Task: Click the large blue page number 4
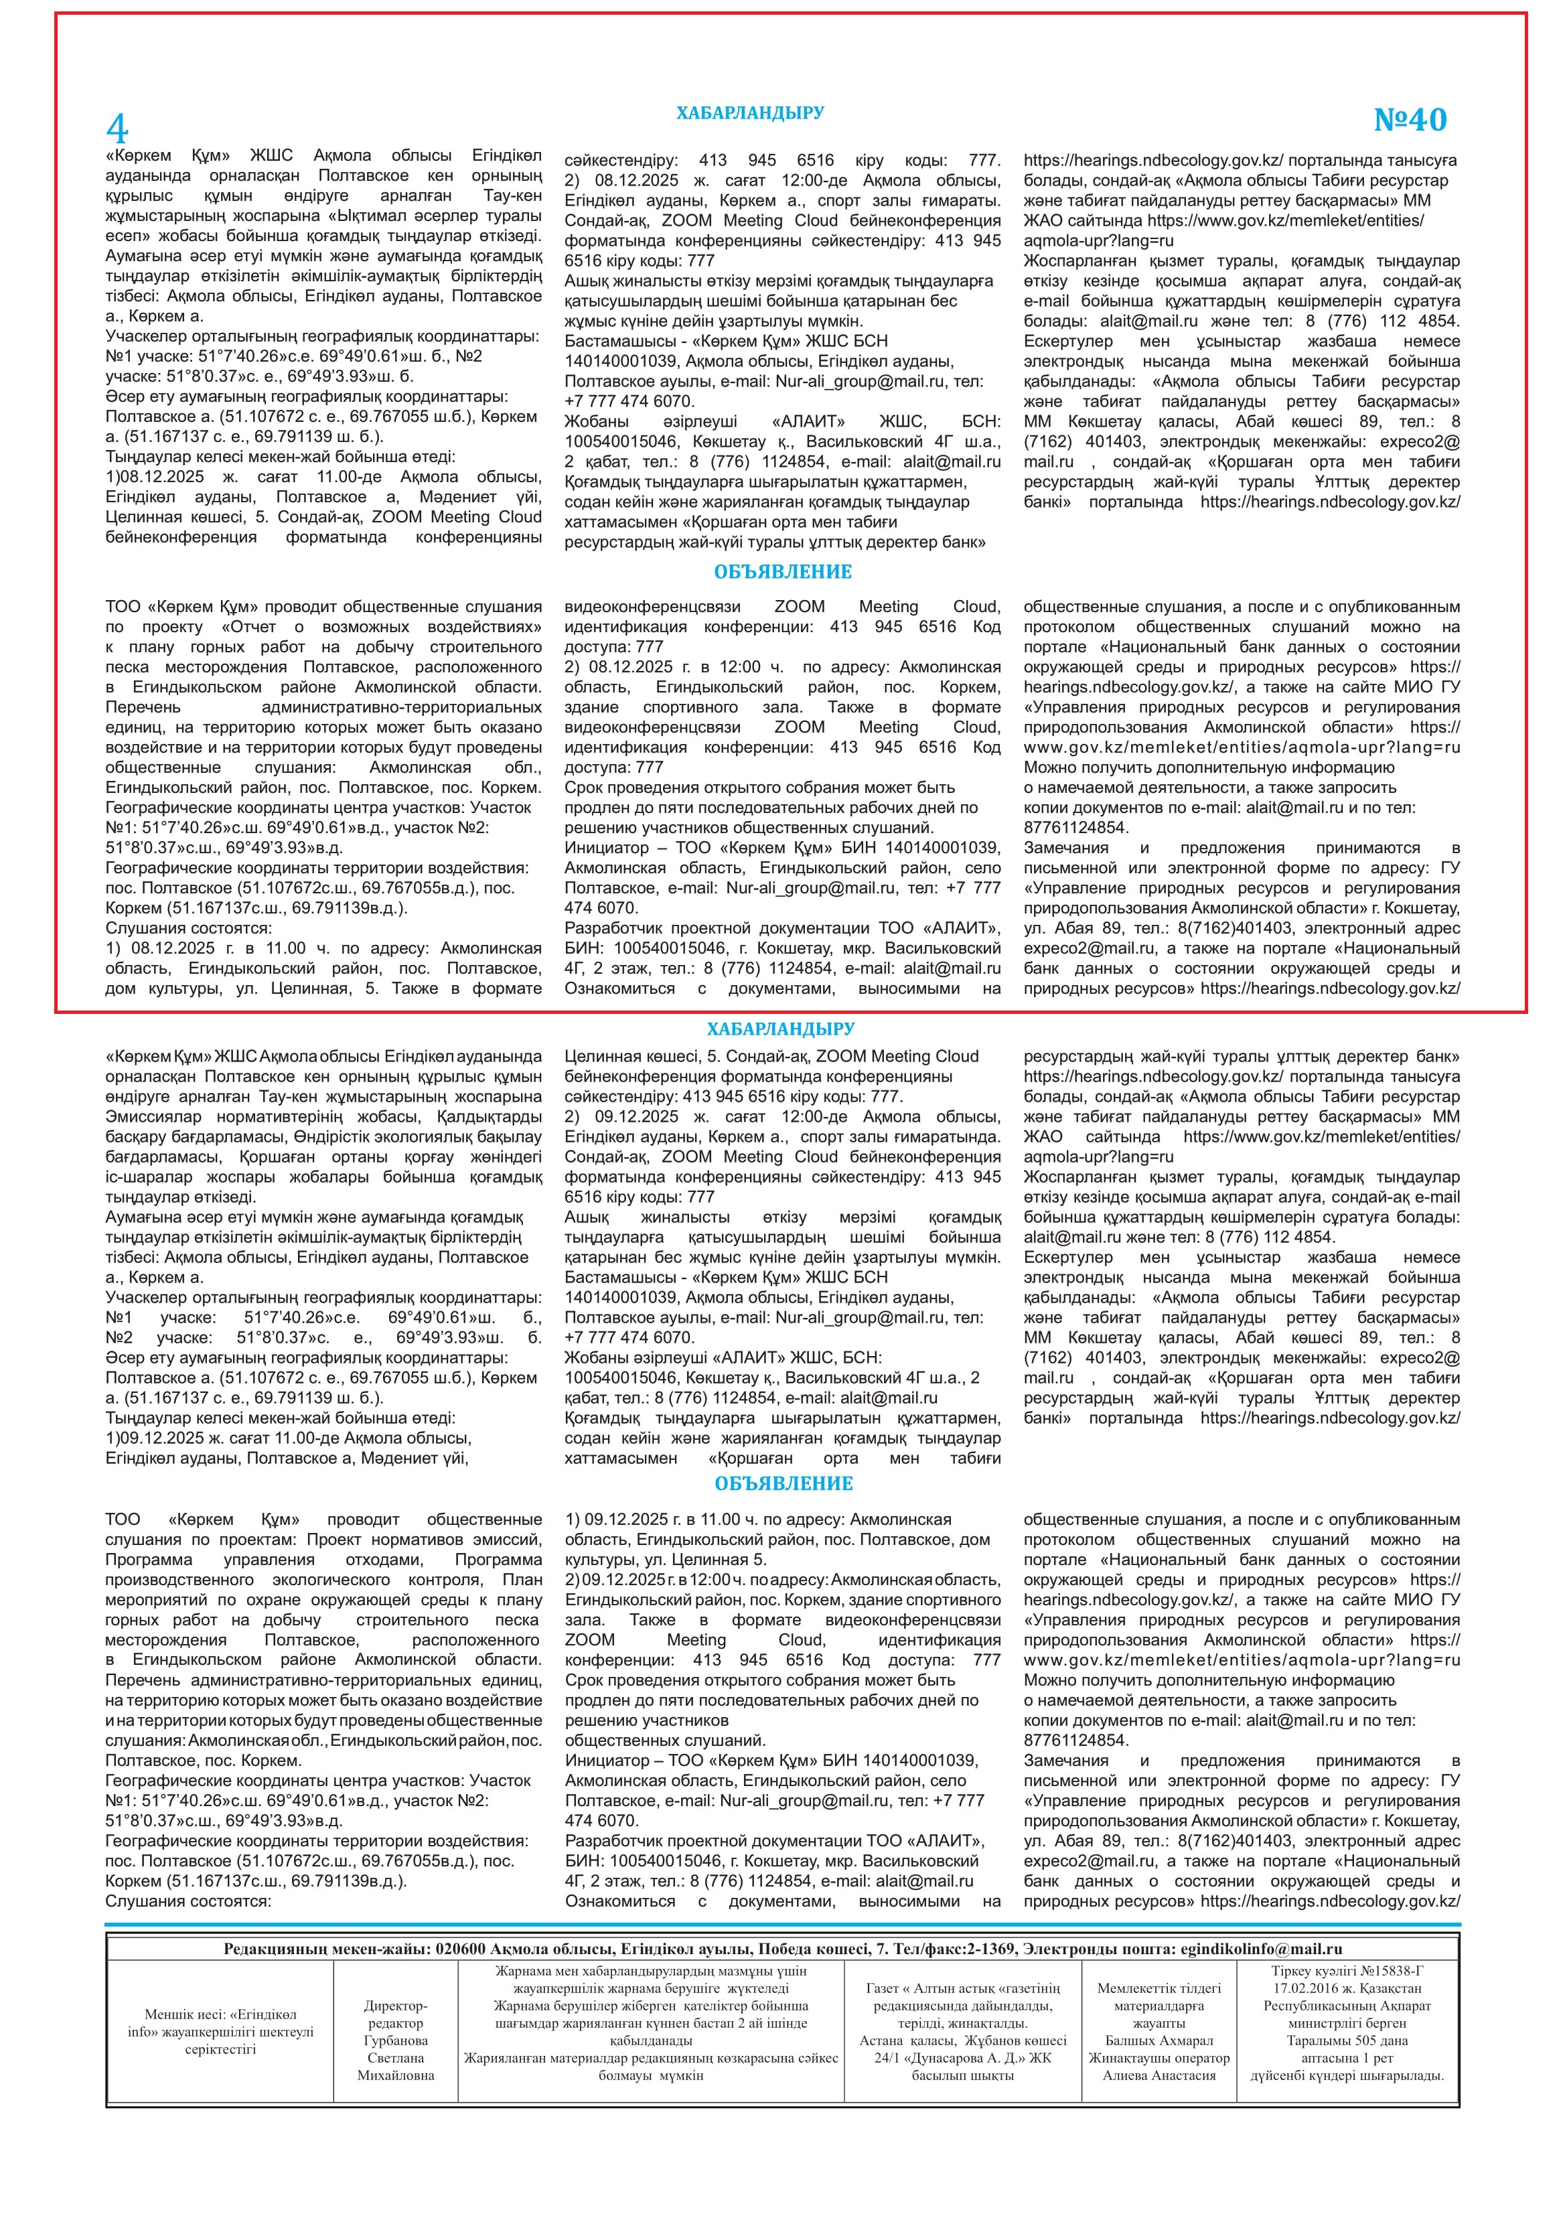pyautogui.click(x=117, y=127)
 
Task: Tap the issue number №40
pyautogui.click(x=1410, y=120)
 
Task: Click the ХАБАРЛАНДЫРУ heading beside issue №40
pyautogui.click(x=749, y=113)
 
